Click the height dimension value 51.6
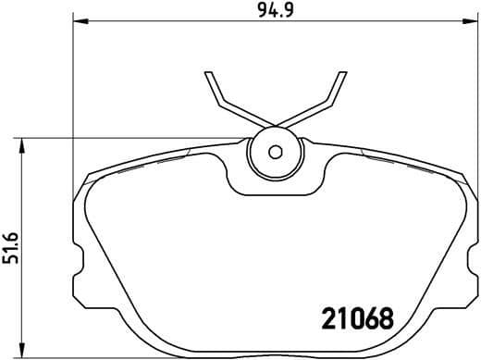(x=11, y=247)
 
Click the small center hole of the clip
(x=274, y=153)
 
